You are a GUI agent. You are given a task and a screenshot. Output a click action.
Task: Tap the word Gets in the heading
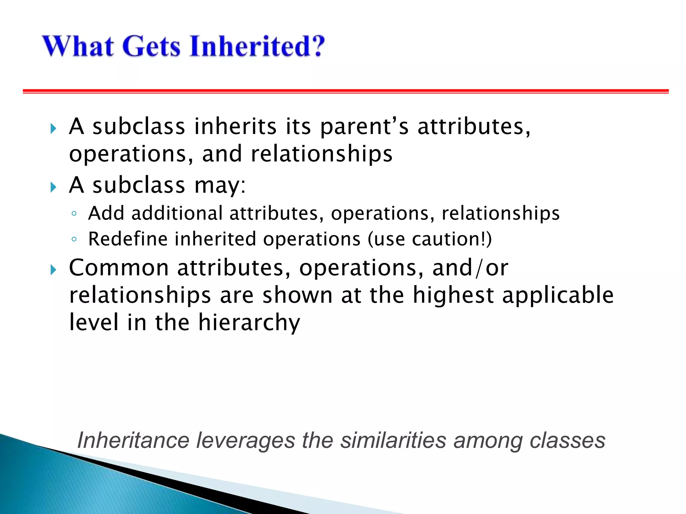click(151, 46)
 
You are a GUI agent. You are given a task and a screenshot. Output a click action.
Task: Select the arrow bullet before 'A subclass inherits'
click(53, 128)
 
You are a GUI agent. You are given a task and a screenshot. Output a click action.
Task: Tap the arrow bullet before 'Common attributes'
click(53, 269)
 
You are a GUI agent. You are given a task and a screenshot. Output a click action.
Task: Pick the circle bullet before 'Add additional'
click(74, 214)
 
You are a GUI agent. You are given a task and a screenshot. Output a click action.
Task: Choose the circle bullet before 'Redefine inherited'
click(74, 239)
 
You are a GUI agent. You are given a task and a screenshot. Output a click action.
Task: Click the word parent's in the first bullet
click(364, 127)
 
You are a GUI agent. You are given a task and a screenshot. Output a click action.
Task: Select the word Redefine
click(128, 239)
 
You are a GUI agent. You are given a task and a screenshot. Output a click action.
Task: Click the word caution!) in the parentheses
click(452, 239)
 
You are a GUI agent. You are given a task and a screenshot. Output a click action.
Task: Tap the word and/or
click(470, 268)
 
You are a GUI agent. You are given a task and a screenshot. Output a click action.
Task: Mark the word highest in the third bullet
click(453, 295)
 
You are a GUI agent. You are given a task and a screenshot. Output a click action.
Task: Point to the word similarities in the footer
click(393, 440)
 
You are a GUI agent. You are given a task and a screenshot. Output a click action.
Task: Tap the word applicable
click(558, 295)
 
